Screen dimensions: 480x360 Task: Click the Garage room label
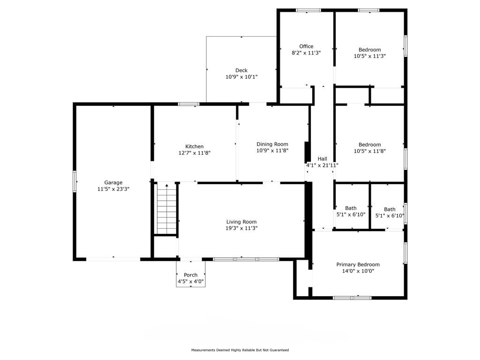[x=113, y=182]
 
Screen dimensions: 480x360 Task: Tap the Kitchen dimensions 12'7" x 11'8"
[x=195, y=153]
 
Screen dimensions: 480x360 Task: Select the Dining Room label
[x=272, y=144]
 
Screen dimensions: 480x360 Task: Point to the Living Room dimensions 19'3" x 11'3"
[x=241, y=228]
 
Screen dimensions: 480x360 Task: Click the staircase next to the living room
[x=167, y=210]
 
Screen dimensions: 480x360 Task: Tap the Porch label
[x=191, y=275]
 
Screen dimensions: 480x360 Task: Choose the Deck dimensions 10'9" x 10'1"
[x=241, y=77]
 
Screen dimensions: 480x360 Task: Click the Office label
[x=306, y=46]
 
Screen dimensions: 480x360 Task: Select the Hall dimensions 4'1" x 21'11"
[x=322, y=165]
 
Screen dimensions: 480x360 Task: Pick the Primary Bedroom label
[x=358, y=264]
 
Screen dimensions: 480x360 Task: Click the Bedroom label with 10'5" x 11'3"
[x=370, y=50]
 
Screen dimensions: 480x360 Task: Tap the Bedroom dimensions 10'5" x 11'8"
[x=370, y=151]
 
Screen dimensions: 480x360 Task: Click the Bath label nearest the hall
[x=351, y=208]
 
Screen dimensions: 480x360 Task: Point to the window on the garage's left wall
[x=75, y=181]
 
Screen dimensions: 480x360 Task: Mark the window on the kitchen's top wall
[x=189, y=104]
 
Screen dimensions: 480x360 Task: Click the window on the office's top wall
[x=308, y=10]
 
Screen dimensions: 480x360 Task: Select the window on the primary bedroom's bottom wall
[x=352, y=298]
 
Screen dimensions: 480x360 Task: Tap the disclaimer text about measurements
[x=240, y=350]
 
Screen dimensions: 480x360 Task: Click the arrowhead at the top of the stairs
[x=167, y=185]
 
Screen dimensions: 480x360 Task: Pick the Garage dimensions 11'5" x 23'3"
[x=113, y=189]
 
